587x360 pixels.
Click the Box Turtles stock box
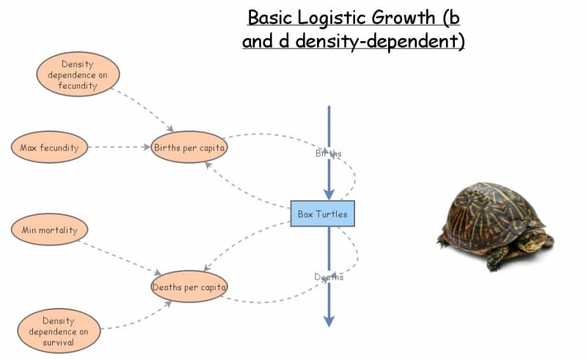point(322,214)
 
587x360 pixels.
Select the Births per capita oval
point(189,147)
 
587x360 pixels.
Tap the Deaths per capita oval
point(189,286)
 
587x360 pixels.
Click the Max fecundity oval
point(50,147)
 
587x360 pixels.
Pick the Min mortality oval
point(50,230)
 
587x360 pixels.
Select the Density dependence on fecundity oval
point(77,75)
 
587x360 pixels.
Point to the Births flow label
point(328,153)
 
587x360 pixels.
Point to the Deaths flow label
point(328,277)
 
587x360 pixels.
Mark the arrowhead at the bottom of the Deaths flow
point(329,320)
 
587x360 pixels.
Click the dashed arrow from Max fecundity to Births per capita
point(120,147)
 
